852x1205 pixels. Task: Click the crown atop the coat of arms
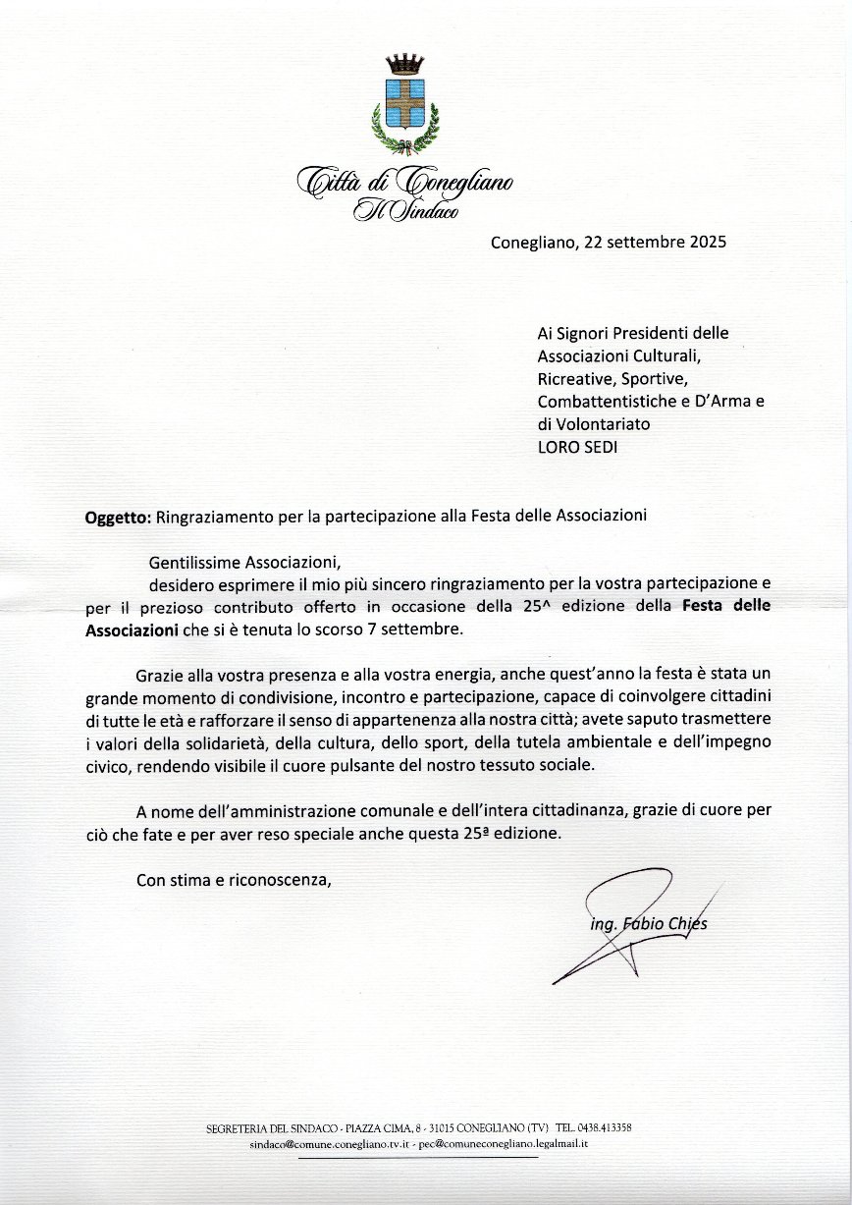coord(402,65)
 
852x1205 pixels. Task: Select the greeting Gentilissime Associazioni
coord(242,563)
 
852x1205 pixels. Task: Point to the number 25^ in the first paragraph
coord(535,607)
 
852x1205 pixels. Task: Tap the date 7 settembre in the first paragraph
coord(418,630)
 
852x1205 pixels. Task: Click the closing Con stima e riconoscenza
coord(234,880)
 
